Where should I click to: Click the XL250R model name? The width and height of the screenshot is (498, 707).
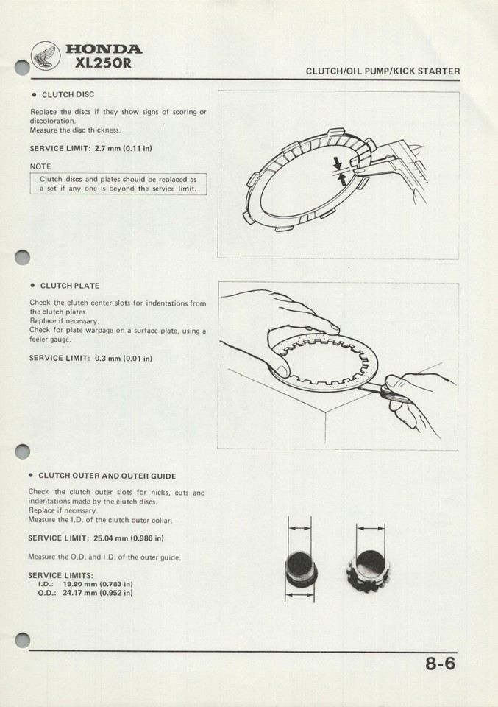click(104, 63)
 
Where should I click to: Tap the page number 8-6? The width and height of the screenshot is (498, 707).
click(440, 664)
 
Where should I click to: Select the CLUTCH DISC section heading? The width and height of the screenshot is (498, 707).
click(67, 95)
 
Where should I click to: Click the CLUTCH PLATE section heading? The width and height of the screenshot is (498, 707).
click(69, 285)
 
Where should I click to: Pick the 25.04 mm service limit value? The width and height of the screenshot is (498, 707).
click(129, 538)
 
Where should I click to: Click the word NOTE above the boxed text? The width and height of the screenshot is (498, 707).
click(40, 166)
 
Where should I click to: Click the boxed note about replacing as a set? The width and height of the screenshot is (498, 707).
click(118, 183)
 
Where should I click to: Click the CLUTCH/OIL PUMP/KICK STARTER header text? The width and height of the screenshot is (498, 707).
click(383, 71)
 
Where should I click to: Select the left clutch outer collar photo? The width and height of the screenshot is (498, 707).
click(299, 567)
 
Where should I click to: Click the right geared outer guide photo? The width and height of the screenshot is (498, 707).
click(371, 567)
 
